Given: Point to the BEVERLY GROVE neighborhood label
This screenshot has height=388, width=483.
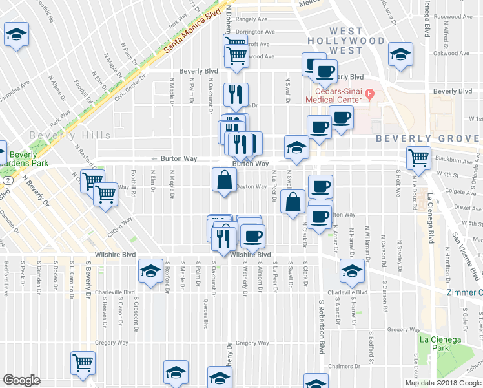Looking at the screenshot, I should (429, 138).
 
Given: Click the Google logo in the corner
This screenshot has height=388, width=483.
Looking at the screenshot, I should (22, 380).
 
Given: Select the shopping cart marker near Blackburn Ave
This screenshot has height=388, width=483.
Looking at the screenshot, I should (418, 158).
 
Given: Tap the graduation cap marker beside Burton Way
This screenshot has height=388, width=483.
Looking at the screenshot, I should (296, 148).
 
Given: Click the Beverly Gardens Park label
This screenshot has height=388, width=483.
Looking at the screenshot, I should (23, 159).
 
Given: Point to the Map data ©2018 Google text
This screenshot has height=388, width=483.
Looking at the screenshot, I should (442, 383).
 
